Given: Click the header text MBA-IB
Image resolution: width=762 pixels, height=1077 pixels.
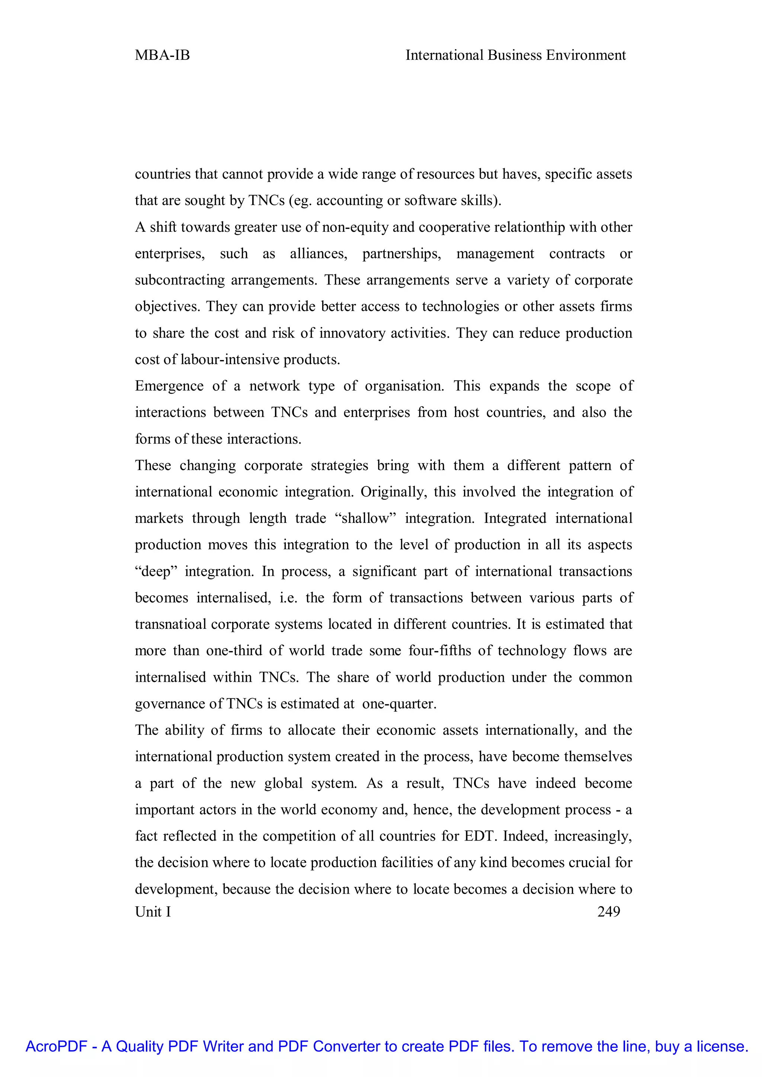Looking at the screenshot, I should pos(162,55).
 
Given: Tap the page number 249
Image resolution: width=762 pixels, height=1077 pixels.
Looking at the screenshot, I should pos(609,912).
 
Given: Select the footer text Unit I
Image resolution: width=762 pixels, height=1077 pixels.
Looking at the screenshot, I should pos(153,912).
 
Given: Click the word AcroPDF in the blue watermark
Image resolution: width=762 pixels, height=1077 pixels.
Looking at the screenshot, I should pos(56,1046).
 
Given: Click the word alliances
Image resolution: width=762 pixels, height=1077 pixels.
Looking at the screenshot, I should pos(318,254).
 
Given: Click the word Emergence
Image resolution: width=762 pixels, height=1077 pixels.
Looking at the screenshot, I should pos(169,386).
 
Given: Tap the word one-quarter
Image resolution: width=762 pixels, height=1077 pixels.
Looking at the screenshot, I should pos(399,704).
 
